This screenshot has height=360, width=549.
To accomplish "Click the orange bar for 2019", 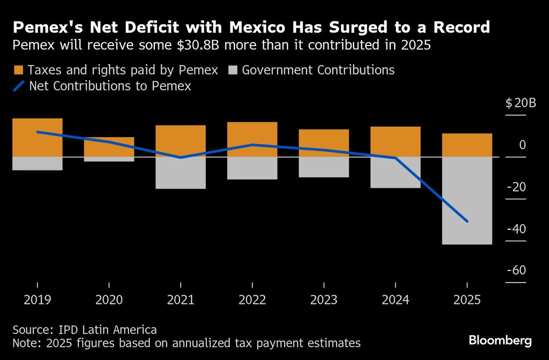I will tap(37, 137).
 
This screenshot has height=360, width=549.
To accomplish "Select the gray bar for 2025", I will tap(467, 200).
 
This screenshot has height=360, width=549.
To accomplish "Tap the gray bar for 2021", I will tap(181, 173).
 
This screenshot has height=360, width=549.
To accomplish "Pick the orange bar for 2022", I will tap(252, 139).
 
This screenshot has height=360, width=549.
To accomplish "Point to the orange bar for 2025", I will tap(467, 145).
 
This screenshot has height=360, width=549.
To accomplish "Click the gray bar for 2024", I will tap(395, 172).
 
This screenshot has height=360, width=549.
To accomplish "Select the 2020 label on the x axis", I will tap(109, 300).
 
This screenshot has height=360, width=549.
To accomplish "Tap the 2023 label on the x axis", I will tap(323, 300).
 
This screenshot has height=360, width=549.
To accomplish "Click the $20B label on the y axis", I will tap(516, 103).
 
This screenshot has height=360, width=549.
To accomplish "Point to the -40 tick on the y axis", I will tap(516, 229).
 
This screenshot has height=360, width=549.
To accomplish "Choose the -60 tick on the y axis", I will tap(516, 271).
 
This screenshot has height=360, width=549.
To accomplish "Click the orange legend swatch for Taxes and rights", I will tap(18, 70).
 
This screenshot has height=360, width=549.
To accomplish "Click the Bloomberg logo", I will tap(500, 341).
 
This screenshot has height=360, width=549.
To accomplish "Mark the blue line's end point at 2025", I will tap(467, 221).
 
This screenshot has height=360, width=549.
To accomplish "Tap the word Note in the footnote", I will tap(25, 344).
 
